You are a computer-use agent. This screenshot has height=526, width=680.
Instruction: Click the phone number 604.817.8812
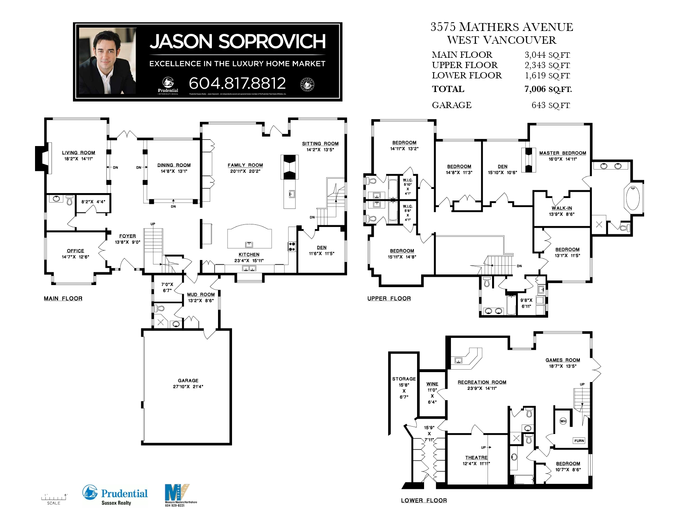(237, 83)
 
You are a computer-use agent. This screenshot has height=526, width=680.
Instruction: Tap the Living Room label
(78, 153)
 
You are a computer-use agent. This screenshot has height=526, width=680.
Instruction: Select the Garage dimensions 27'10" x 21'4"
(188, 387)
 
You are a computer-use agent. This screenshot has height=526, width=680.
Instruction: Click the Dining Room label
(174, 165)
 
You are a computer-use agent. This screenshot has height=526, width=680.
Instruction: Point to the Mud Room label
(201, 295)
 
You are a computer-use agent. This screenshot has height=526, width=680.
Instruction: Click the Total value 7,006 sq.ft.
(548, 89)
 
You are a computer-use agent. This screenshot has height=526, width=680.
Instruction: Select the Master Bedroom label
(562, 153)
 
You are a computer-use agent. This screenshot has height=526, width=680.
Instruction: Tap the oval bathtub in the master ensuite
(632, 198)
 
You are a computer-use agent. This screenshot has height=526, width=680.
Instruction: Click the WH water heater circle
(563, 421)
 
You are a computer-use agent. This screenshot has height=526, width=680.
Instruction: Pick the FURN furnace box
(579, 441)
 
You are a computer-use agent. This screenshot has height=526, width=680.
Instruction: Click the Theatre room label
(476, 458)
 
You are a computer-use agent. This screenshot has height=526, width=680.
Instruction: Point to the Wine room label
(432, 384)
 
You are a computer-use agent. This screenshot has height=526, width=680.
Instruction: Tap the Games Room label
(563, 360)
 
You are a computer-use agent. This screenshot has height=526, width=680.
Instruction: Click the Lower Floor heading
(424, 500)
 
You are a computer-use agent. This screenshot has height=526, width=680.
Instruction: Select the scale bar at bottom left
(54, 498)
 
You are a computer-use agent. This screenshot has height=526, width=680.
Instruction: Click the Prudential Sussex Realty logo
(115, 495)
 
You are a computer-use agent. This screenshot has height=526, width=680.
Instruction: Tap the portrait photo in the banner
(107, 61)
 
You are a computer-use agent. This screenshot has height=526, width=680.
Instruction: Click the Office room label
(75, 251)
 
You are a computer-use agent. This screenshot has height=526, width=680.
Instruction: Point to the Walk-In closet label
(562, 208)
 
